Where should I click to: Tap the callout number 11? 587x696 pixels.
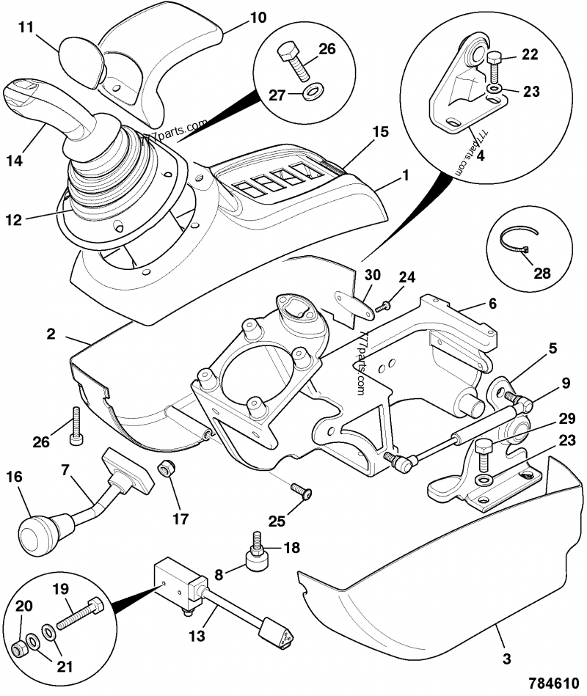pyautogui.click(x=26, y=27)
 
